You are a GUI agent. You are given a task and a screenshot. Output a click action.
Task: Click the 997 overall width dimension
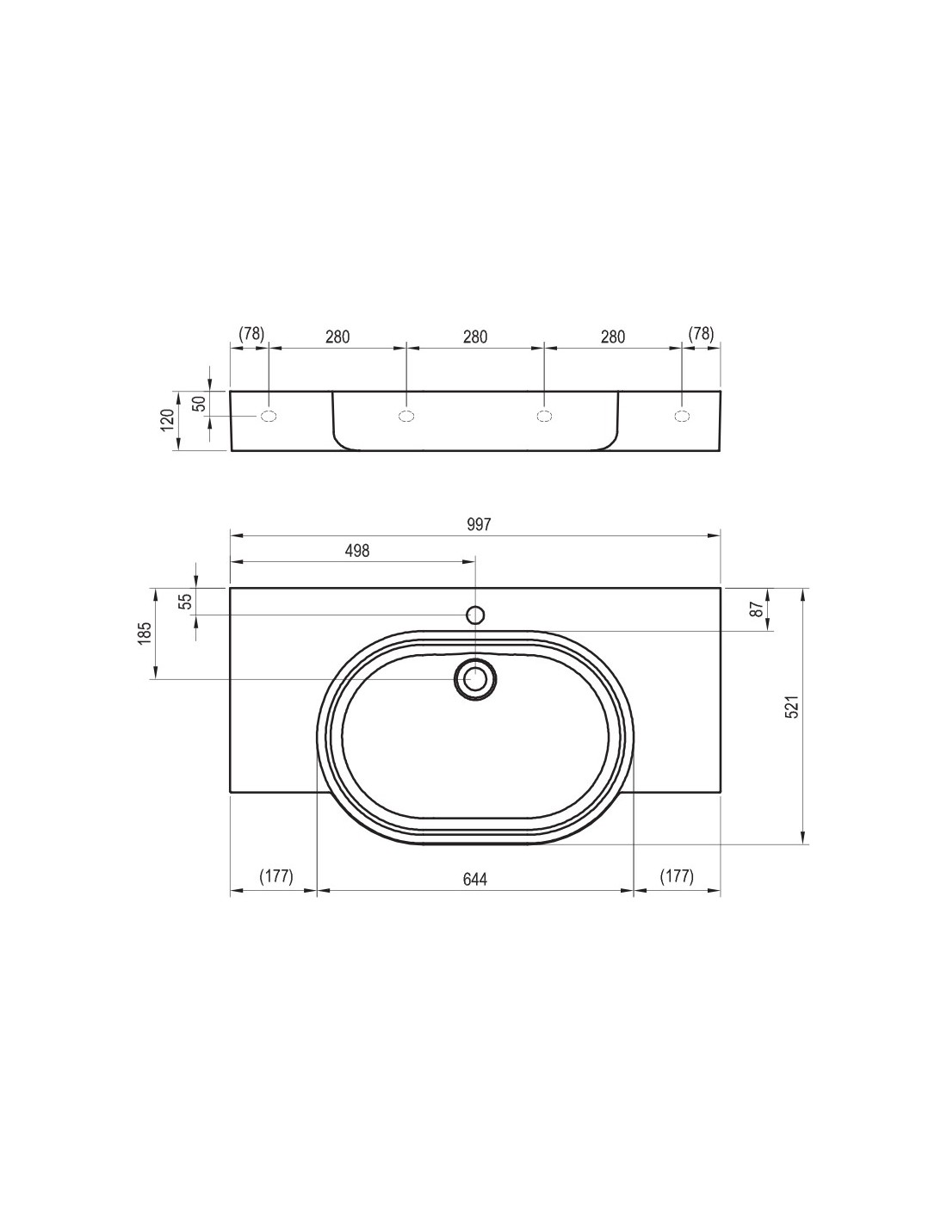pos(479,524)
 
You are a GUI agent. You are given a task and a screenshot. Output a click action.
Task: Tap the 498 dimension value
pos(357,550)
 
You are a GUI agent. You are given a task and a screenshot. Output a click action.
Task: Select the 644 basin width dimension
pos(475,879)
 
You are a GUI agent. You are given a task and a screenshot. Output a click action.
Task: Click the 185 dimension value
pos(145,634)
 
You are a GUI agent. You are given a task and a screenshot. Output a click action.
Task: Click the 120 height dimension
pos(168,420)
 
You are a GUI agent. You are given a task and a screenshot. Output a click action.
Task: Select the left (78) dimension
pos(251,333)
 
